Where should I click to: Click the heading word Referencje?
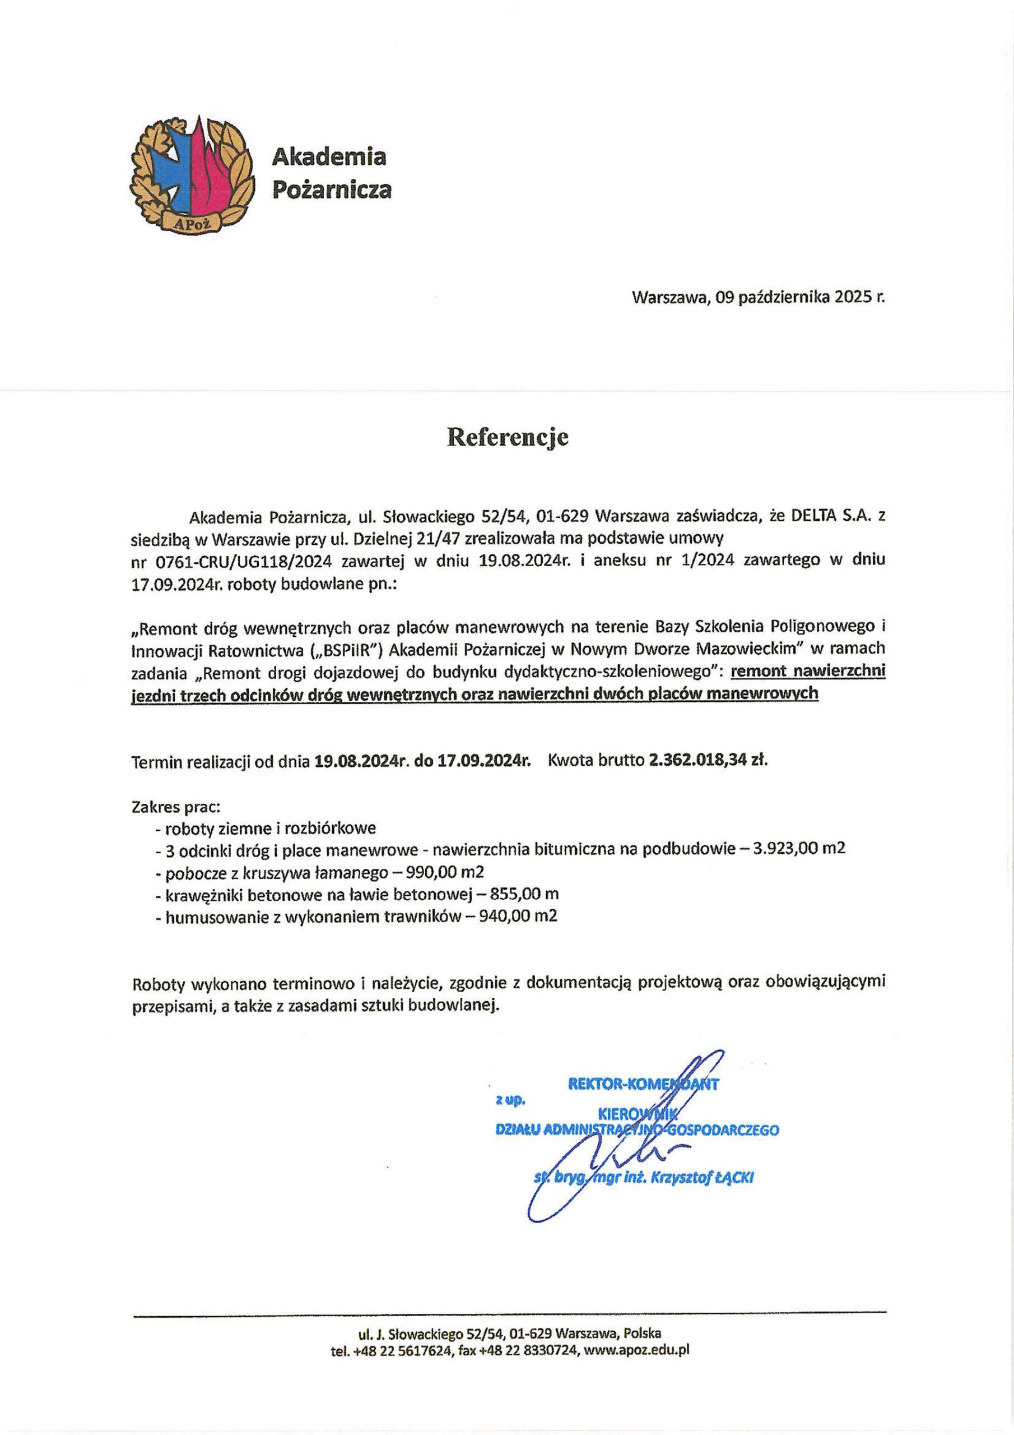coord(508,437)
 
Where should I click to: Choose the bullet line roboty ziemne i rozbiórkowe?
coord(270,828)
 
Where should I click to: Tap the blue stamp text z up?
coord(510,1099)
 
